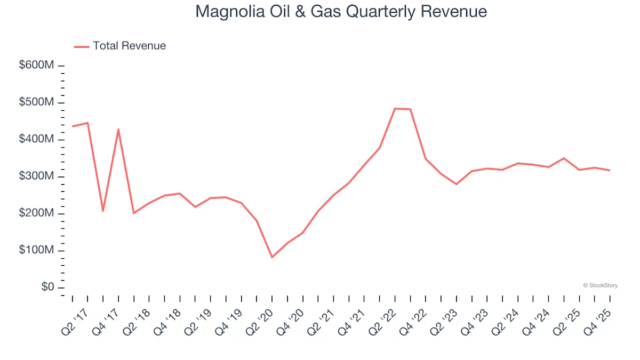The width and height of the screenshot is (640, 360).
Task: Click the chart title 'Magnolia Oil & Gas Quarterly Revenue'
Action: coord(341,12)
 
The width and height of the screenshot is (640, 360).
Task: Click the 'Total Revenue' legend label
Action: coord(129,46)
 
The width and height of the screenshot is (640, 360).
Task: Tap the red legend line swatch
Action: coord(82,46)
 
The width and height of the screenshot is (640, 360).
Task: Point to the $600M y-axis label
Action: coord(36,66)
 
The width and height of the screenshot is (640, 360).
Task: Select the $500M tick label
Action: coord(36,102)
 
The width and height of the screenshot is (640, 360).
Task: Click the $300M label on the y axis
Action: coord(36,177)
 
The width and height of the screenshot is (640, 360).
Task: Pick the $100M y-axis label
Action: coord(36,251)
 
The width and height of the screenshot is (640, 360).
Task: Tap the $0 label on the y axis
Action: coord(48,287)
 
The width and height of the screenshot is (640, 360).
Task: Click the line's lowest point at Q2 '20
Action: coord(272,257)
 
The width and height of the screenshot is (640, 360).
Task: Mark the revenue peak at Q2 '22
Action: coord(395,109)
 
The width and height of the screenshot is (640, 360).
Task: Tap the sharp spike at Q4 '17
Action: coord(118,129)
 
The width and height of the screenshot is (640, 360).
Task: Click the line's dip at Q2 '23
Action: coord(457,184)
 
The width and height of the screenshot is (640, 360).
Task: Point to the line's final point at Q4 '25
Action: coord(610,170)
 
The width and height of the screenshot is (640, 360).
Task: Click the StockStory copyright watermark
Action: coord(601,286)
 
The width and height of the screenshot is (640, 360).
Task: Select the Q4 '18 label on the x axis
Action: coord(166,323)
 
